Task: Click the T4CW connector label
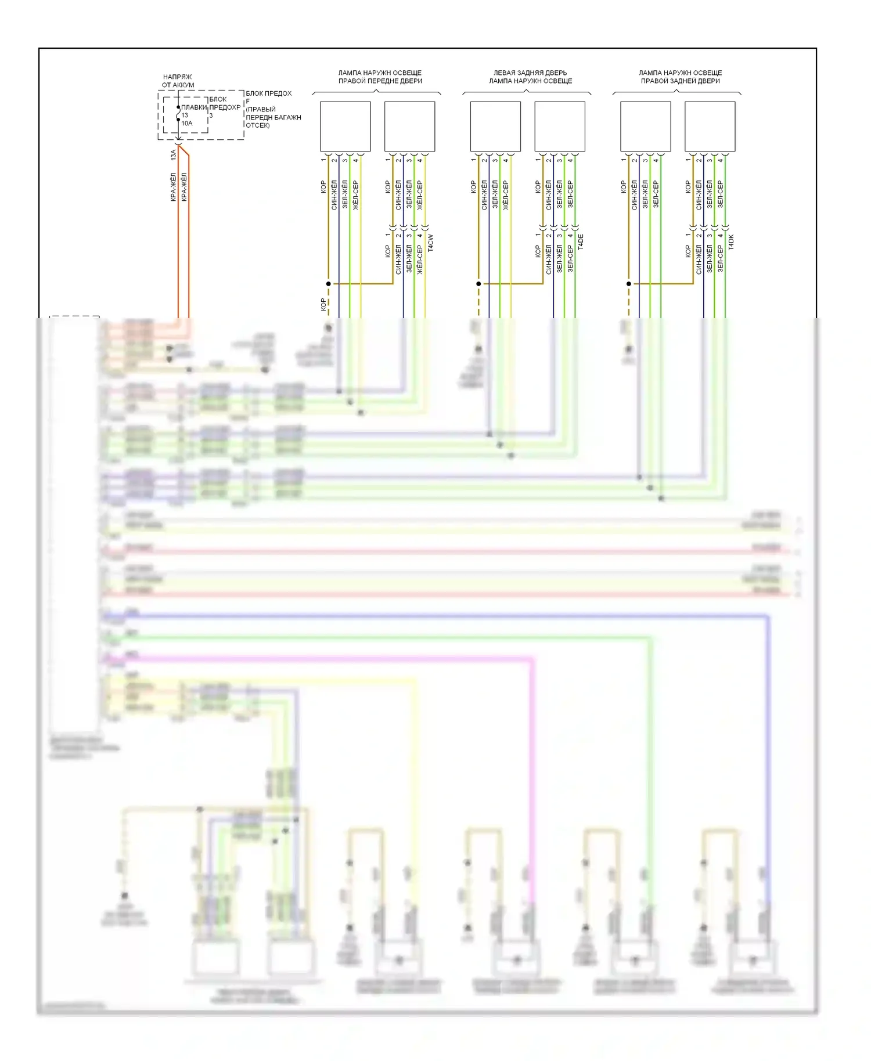(430, 243)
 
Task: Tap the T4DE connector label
(581, 243)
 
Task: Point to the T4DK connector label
(731, 243)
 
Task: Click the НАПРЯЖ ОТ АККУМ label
(178, 81)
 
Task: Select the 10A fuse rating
(187, 123)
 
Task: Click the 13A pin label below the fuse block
(173, 155)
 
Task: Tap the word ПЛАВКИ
(194, 107)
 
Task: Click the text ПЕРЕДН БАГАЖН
(273, 117)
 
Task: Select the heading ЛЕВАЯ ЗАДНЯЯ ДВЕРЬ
(530, 73)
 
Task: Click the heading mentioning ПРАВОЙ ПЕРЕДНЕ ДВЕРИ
(380, 81)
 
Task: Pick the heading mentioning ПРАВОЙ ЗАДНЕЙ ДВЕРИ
(681, 81)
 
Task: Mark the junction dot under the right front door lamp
(329, 284)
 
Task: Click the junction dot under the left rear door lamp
(479, 284)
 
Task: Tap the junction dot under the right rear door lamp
(629, 284)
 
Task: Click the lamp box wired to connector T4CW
(409, 127)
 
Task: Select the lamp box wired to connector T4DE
(560, 127)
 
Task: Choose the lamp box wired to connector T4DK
(710, 127)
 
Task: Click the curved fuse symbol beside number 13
(178, 114)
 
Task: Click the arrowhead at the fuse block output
(178, 143)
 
